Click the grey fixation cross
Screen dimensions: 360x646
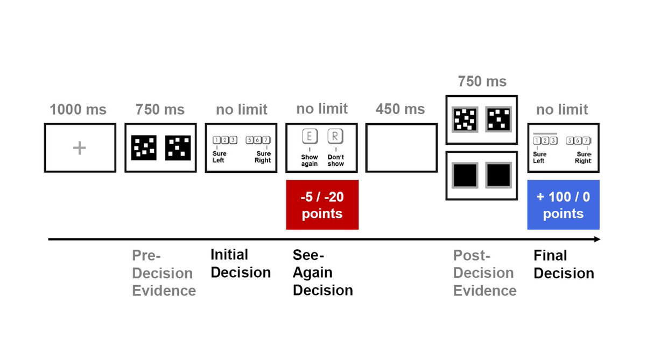[x=79, y=148]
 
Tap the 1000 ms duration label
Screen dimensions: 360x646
[x=78, y=110]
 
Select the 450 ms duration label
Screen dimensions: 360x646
[x=400, y=109]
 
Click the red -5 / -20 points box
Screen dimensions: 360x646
[x=322, y=204]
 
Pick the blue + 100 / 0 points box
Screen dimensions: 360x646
[x=563, y=204]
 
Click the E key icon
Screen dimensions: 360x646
[x=308, y=137]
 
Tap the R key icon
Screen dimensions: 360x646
[x=335, y=137]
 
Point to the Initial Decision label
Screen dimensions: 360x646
[x=240, y=264]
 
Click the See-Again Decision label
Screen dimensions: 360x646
[x=322, y=272]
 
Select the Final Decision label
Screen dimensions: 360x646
[x=563, y=264]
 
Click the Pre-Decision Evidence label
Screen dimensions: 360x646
[x=164, y=273]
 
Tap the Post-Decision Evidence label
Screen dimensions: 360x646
[x=484, y=273]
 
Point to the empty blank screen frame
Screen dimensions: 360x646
[x=401, y=148]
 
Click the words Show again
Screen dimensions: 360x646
[x=309, y=160]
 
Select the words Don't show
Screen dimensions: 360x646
[x=335, y=160]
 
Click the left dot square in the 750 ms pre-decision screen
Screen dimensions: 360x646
[x=144, y=148]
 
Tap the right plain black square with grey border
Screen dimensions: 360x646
[x=498, y=175]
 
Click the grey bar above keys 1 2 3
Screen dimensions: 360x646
[x=546, y=133]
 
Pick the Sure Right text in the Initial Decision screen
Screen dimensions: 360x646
[x=263, y=157]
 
